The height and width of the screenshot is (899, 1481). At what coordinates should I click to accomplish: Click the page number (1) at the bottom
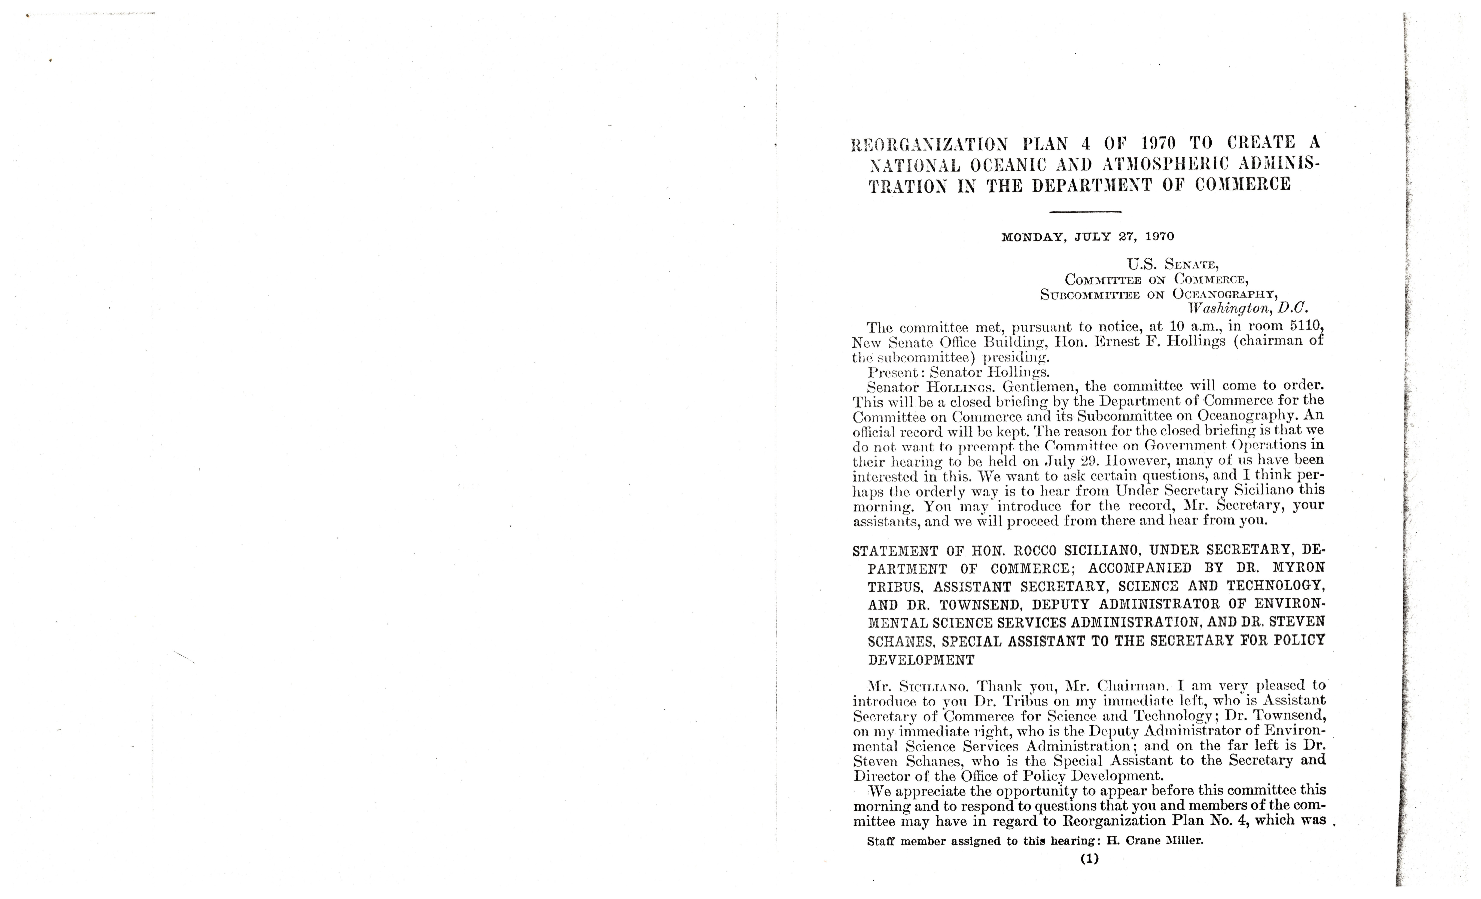1089,859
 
